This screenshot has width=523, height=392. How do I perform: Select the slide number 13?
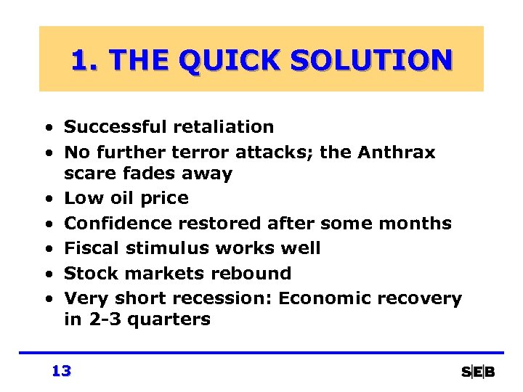point(61,371)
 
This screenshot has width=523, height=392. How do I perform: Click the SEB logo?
point(478,372)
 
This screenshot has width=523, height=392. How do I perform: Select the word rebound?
point(257,274)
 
